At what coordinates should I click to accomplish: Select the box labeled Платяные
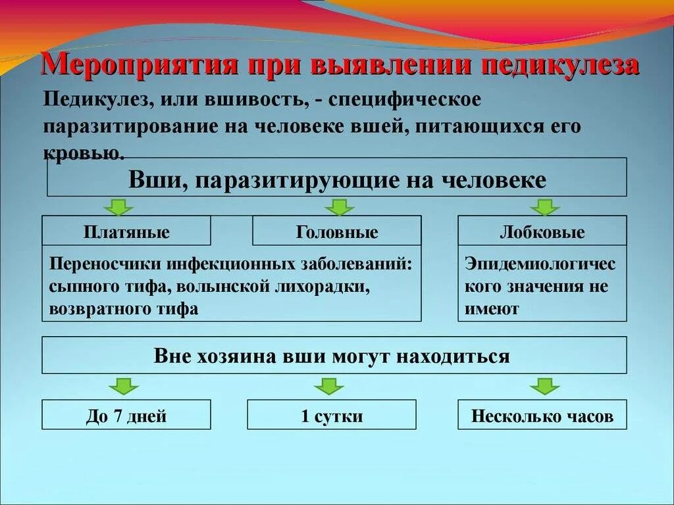126,231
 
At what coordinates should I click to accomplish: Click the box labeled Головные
337,231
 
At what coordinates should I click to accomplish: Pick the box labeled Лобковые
542,231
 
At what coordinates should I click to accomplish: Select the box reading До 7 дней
126,416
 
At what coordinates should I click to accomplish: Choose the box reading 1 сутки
332,416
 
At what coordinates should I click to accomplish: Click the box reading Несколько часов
542,416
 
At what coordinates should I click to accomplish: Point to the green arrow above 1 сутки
328,386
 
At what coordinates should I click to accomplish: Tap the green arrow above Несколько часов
544,386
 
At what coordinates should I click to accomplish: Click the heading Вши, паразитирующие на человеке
337,179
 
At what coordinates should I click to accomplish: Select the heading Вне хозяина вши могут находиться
332,356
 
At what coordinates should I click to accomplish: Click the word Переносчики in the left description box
105,264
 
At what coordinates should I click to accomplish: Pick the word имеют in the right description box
492,308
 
